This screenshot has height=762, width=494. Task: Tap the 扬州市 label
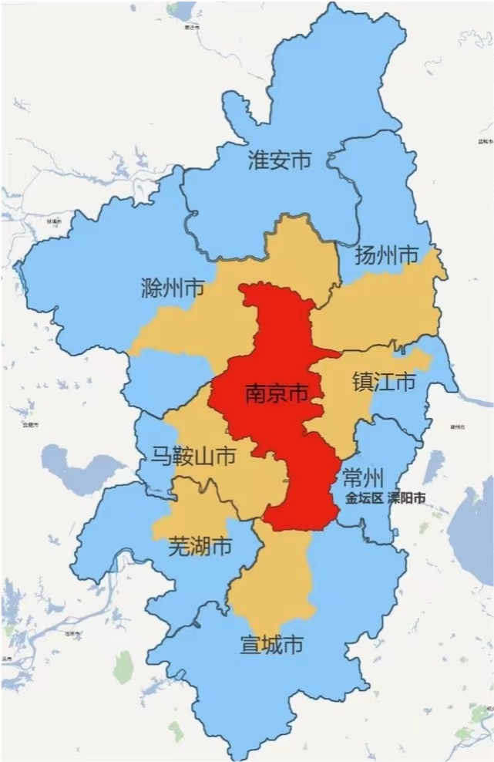point(386,255)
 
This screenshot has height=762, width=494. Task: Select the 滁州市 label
point(173,289)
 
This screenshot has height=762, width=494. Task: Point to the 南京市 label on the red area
point(276,393)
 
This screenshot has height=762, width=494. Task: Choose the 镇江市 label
point(384,382)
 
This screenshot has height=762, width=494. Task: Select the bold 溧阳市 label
point(406,498)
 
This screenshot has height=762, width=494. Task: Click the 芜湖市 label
point(200,547)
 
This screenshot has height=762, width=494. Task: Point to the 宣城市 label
point(271,644)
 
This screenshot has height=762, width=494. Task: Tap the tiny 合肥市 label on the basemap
point(31,425)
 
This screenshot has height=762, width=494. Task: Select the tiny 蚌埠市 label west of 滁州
point(54,221)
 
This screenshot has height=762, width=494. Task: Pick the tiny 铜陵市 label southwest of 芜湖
point(73,633)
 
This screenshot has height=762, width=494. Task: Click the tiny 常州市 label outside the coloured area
point(455,426)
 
